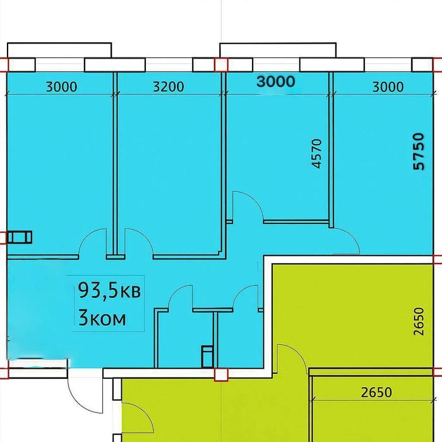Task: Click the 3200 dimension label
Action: [169, 87]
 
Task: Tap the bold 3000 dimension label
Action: [276, 81]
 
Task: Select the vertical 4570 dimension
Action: [317, 153]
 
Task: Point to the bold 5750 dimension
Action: [418, 152]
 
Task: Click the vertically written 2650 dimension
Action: [419, 321]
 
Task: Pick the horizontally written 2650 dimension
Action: [376, 392]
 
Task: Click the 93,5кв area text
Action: [109, 290]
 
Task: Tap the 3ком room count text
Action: [102, 318]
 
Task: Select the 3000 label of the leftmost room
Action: [61, 87]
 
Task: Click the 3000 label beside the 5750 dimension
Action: [388, 87]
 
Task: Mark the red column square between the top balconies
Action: [221, 65]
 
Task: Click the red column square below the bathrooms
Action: [221, 374]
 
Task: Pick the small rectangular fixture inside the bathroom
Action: [208, 357]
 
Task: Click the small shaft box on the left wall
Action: [20, 237]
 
